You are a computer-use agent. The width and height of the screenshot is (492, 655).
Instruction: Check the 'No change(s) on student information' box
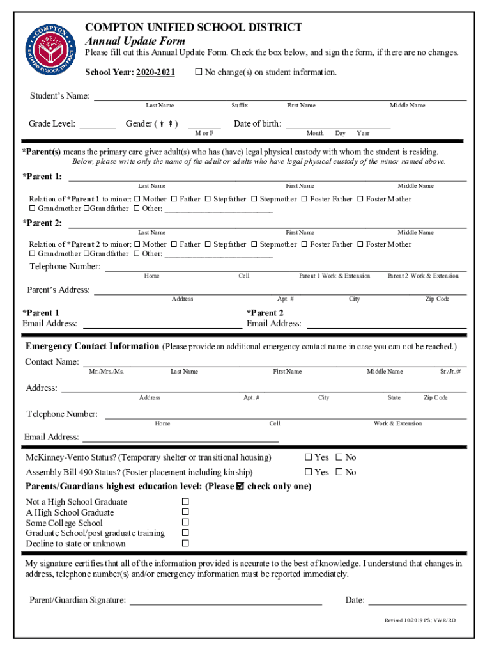pos(198,72)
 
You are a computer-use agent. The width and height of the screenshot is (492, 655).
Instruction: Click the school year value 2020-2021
pos(155,72)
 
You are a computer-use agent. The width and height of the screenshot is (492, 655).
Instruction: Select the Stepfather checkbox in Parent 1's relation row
pos(208,199)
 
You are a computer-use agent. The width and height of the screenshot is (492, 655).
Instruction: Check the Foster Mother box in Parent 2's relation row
pos(360,244)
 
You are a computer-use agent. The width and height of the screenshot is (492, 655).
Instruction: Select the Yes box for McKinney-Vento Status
pos(308,457)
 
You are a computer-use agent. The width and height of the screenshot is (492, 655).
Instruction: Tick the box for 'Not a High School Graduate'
pos(185,502)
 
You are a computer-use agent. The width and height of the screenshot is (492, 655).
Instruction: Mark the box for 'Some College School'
pos(185,523)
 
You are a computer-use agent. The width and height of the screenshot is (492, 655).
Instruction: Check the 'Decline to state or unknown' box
pos(185,544)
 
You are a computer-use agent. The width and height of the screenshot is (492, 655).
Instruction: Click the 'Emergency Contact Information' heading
pos(92,347)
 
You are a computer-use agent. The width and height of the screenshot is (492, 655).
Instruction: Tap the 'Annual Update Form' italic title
pos(135,41)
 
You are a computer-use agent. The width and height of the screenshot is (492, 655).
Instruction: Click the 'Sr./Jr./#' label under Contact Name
pos(450,372)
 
